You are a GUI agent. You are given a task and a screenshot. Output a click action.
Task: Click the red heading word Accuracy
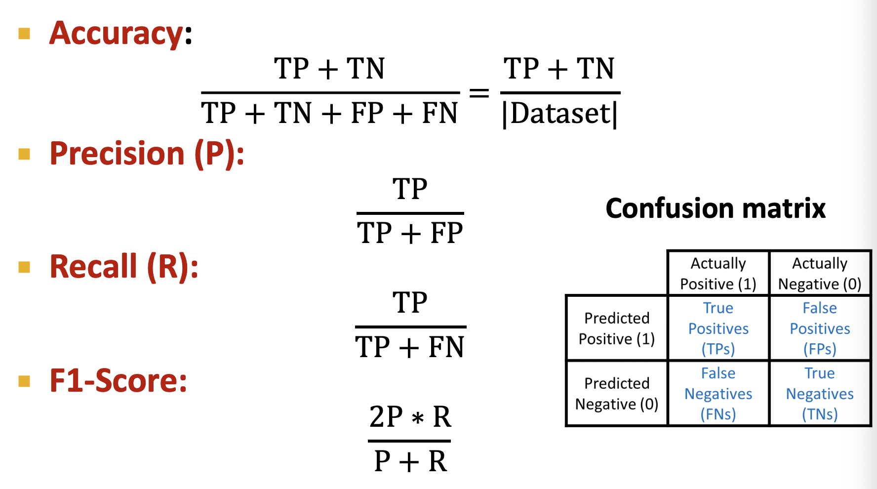(117, 34)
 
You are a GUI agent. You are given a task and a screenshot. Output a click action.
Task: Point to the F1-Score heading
(119, 381)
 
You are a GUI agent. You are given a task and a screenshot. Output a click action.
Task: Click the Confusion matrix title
(716, 208)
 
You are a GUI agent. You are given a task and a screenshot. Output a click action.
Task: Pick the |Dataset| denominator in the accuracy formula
(560, 114)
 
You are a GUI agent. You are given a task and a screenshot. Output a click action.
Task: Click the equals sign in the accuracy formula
(479, 92)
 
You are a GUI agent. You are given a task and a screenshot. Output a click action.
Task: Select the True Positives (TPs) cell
(718, 328)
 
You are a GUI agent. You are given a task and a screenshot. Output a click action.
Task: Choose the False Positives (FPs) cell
(820, 328)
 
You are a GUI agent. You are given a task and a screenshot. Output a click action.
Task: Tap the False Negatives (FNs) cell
(718, 394)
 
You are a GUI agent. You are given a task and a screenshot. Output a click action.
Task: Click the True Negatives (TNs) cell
(820, 394)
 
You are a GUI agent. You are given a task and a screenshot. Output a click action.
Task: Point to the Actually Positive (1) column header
(718, 274)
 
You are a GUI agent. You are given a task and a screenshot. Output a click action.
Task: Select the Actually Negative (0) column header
(820, 274)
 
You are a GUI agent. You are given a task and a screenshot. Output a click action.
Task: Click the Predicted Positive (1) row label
(617, 328)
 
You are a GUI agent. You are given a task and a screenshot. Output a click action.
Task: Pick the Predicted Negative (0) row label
(617, 394)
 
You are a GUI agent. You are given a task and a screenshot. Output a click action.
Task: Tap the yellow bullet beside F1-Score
(24, 381)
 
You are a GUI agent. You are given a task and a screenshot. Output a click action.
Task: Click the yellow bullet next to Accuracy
(24, 34)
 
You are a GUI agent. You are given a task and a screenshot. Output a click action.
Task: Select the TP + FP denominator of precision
(410, 233)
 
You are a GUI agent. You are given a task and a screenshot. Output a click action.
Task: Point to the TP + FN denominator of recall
(410, 347)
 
